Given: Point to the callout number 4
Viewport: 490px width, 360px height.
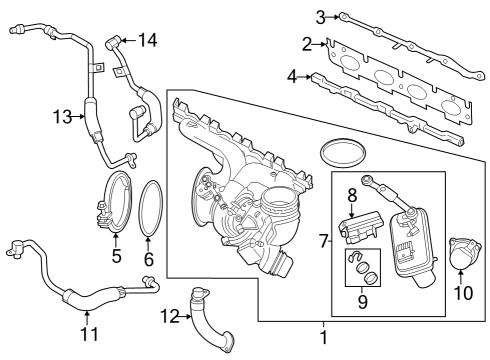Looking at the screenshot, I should coord(292,74).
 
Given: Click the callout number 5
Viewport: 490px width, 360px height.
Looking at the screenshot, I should coord(116,257).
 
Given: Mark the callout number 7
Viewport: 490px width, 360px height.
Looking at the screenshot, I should coord(323,241).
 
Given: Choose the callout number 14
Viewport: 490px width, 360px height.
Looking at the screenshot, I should coord(147,40).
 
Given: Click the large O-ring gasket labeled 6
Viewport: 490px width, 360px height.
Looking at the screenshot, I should coord(151,209).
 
